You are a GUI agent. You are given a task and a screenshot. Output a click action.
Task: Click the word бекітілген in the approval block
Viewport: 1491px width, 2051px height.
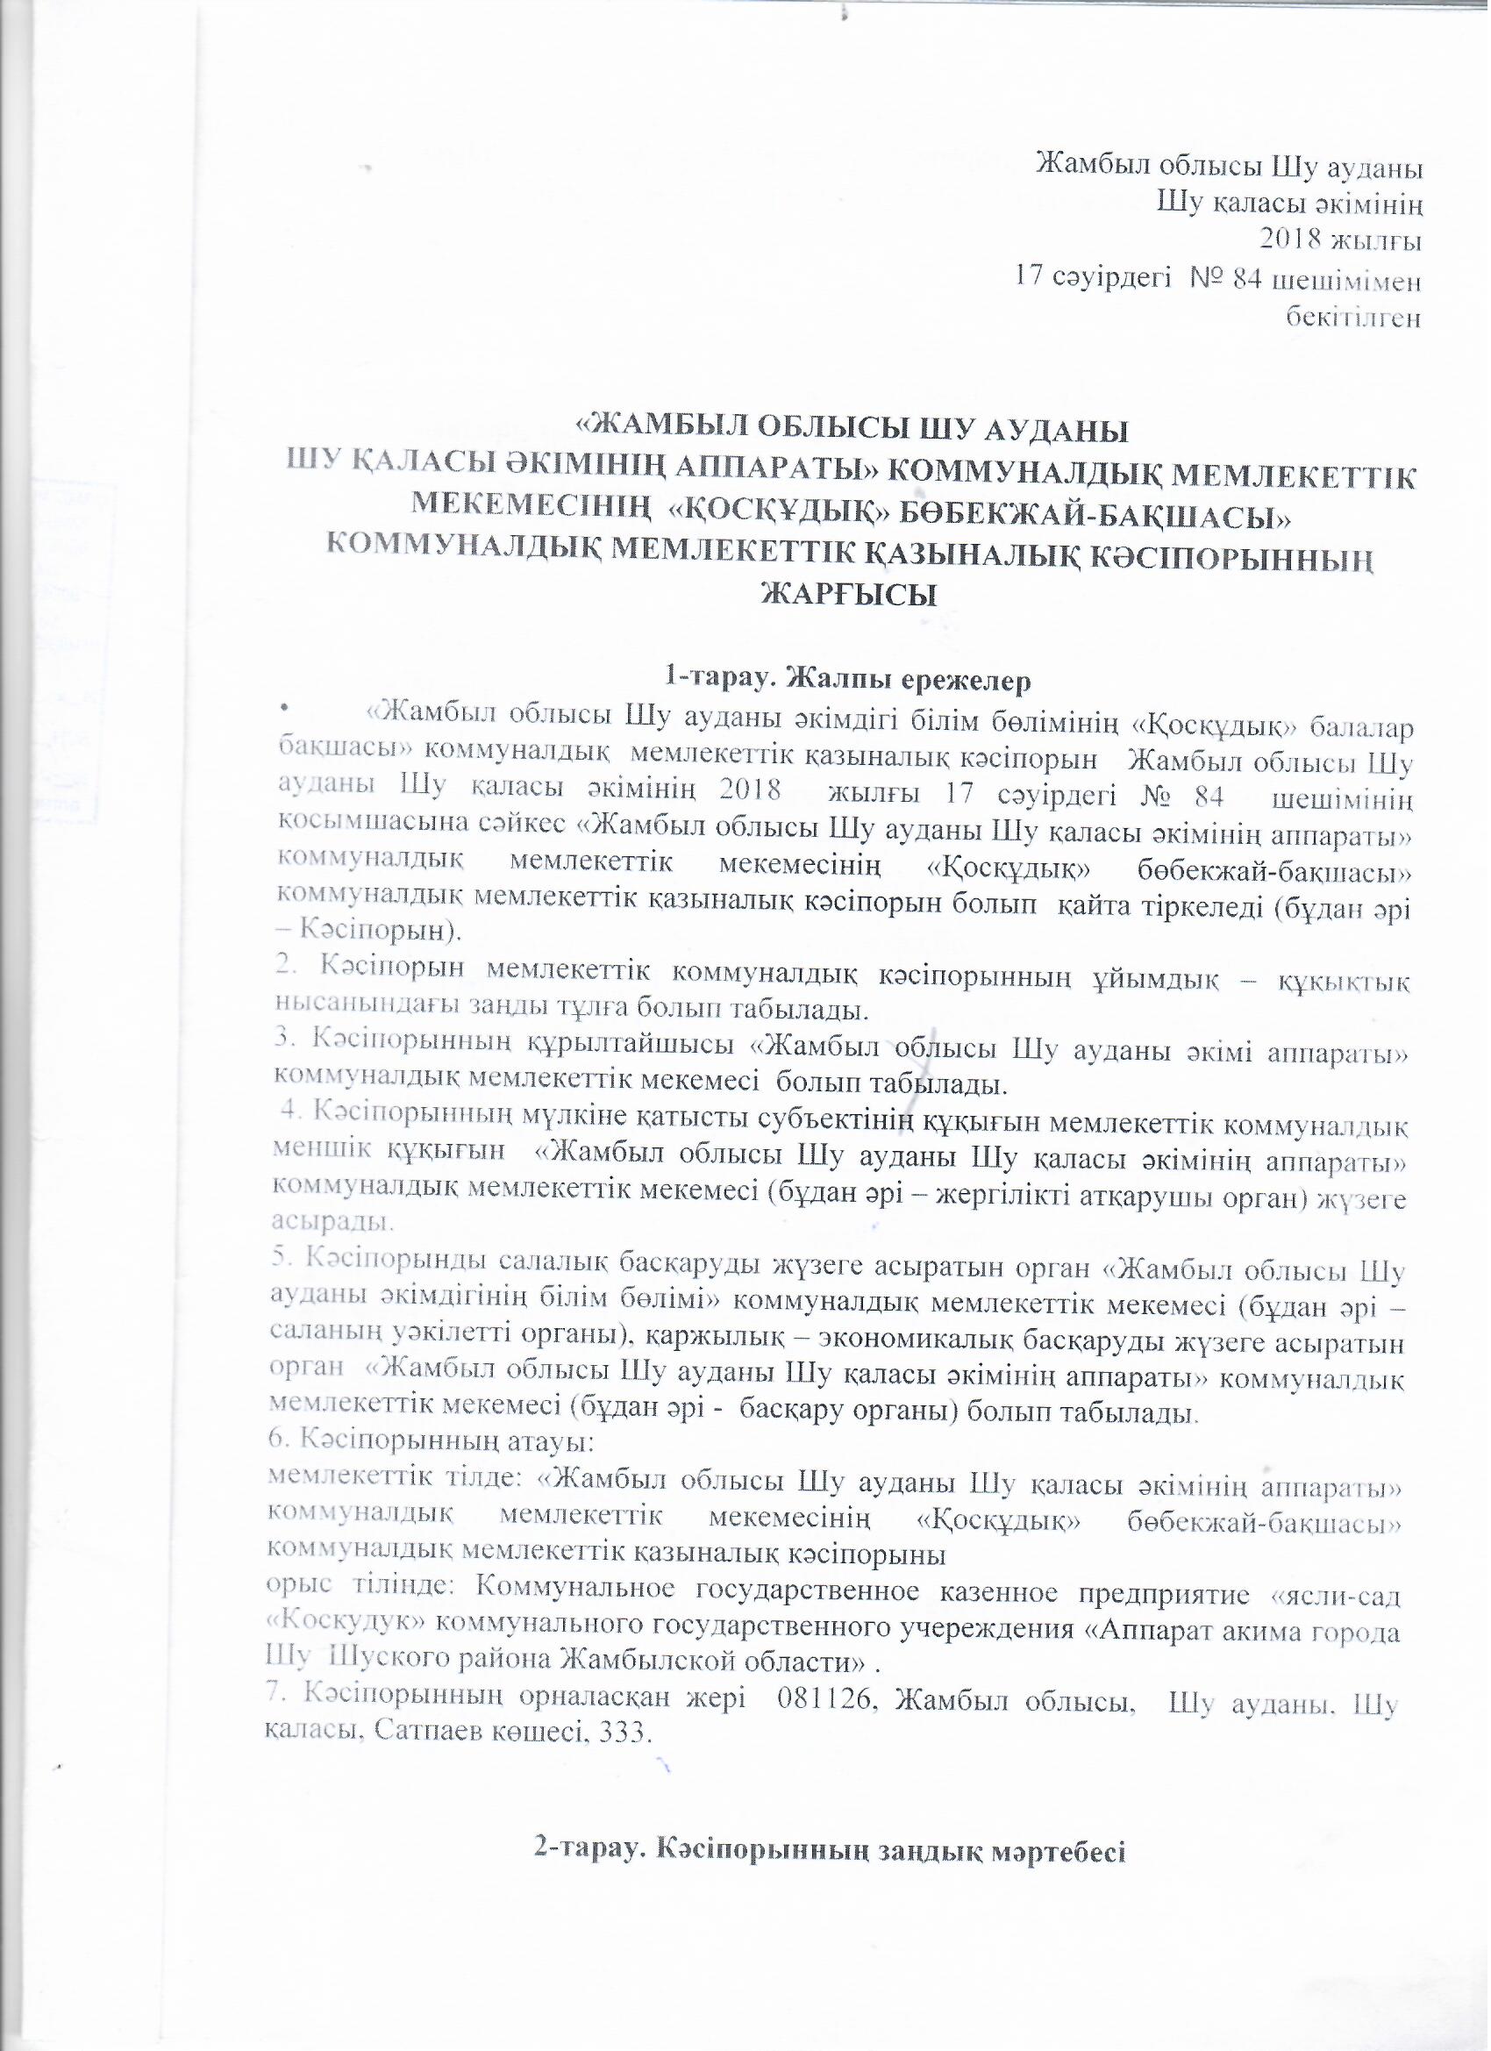click(x=1353, y=318)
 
